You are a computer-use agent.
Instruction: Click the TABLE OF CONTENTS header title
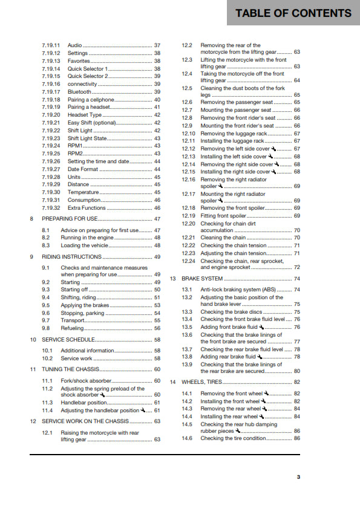pos(293,13)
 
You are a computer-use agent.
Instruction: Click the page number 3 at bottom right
pos(298,478)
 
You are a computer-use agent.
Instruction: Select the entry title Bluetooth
pos(80,92)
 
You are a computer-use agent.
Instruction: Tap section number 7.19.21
pos(51,123)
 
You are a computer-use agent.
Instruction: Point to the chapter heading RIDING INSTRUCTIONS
pos(71,257)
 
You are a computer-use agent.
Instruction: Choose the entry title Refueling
pos(72,328)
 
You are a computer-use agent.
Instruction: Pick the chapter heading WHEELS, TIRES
pos(202,382)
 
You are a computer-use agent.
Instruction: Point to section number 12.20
pos(189,223)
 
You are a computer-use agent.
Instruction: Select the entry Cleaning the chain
pos(223,238)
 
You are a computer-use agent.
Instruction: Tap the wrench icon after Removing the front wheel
pos(265,394)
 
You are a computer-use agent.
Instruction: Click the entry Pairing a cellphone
pos(91,99)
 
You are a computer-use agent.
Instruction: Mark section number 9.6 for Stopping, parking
pos(46,313)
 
